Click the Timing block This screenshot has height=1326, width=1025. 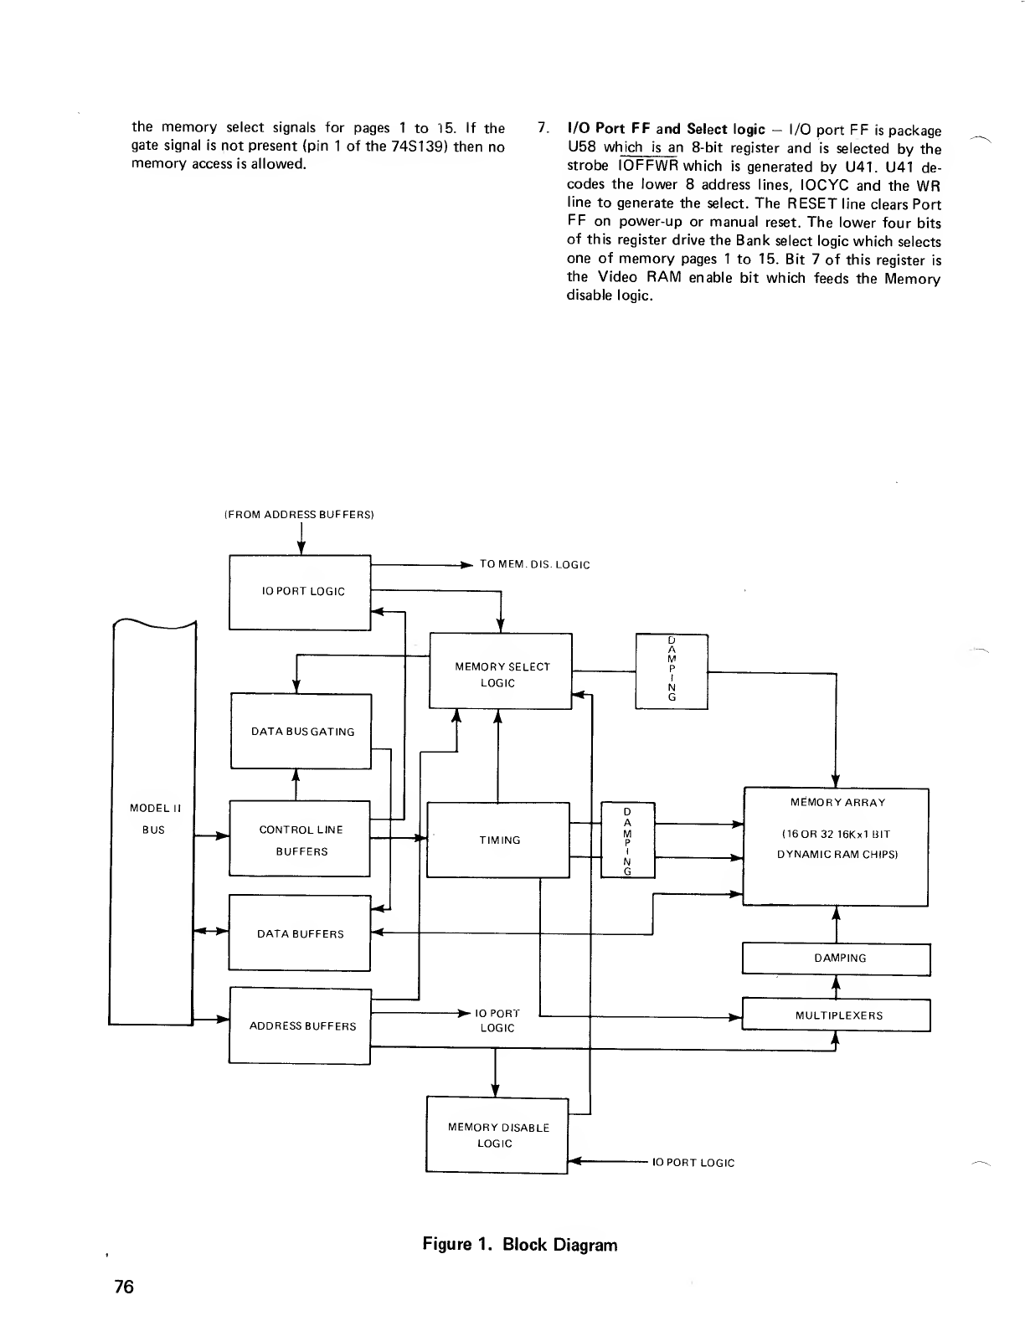[498, 840]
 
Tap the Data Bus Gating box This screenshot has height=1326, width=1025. [301, 731]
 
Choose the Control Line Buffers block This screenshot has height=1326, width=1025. [300, 839]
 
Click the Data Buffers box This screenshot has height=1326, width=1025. [300, 933]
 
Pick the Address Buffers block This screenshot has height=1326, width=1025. [300, 1025]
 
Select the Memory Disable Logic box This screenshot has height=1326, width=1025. [497, 1134]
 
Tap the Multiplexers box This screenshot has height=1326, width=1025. [837, 1015]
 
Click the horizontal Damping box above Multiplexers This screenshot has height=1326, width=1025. [837, 959]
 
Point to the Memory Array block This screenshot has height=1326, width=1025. [837, 845]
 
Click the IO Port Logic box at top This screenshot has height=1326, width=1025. [300, 591]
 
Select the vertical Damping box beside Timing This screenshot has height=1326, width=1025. [627, 840]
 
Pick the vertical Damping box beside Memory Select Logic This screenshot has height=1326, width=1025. [672, 672]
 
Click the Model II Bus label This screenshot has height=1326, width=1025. [152, 819]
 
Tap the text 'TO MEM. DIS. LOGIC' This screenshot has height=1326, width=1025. [534, 564]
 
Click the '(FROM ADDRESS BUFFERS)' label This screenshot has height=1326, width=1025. [298, 514]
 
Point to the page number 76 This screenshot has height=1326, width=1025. [124, 1286]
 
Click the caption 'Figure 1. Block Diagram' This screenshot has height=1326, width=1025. [519, 1244]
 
